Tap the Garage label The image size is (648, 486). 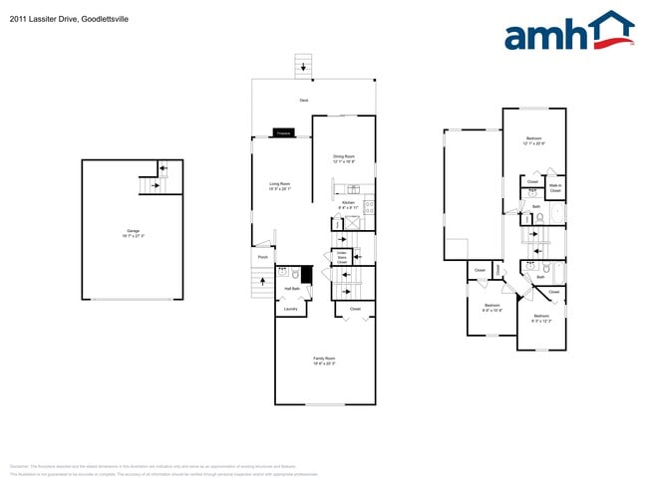tap(133, 233)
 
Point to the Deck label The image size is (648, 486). tap(303, 101)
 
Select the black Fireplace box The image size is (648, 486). tap(283, 132)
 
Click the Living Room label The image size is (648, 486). tap(279, 185)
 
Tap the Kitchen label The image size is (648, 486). tap(348, 204)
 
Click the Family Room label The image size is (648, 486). tap(324, 361)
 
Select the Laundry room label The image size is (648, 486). tap(290, 309)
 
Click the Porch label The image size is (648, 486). tap(263, 257)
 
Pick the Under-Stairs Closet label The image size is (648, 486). tap(341, 258)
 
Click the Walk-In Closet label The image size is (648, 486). tap(555, 187)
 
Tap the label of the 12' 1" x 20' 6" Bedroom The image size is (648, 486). tap(533, 141)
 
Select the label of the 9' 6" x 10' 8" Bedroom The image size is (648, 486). tap(491, 308)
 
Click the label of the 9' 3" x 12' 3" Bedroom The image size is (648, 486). tap(541, 318)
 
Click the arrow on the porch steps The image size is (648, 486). tap(263, 282)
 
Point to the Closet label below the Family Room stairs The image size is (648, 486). tap(355, 309)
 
